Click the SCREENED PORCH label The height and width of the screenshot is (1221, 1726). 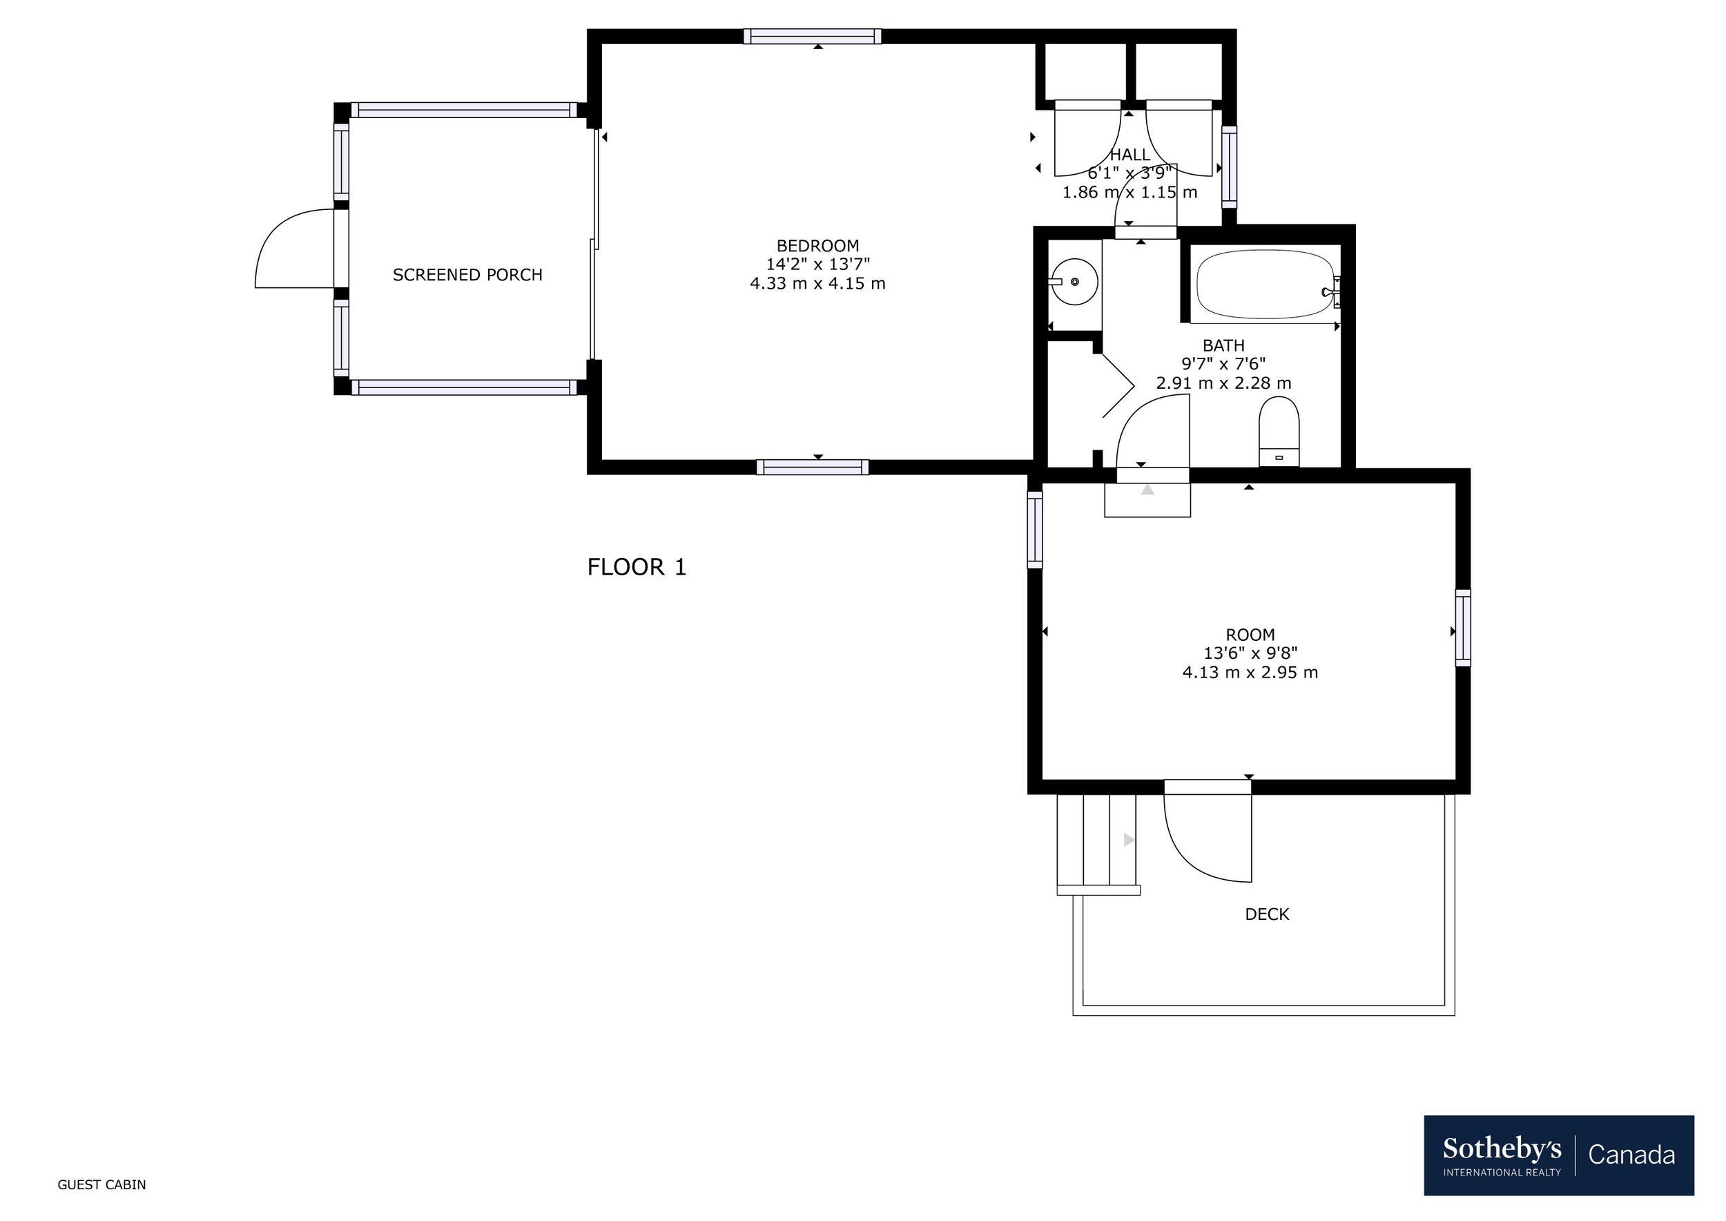click(467, 275)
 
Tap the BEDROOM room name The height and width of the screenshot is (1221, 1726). click(817, 246)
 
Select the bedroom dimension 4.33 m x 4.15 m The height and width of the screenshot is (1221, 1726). click(817, 283)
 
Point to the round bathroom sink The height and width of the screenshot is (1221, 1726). click(1074, 282)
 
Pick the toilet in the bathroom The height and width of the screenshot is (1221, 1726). click(1279, 432)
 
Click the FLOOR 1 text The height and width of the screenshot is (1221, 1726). click(637, 567)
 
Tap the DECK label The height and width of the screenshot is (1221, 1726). click(1267, 914)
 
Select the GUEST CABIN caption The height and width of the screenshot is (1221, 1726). click(101, 1185)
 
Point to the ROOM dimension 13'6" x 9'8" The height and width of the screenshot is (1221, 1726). click(1250, 653)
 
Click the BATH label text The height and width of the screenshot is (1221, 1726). click(1223, 346)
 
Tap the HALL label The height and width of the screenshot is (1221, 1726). click(1130, 155)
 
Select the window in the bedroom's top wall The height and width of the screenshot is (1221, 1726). click(813, 36)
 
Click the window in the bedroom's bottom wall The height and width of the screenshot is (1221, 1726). click(813, 467)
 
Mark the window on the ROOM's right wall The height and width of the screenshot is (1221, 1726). click(1463, 628)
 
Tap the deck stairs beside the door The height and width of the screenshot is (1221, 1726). click(1098, 845)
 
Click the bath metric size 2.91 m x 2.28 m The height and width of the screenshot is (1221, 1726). click(1223, 383)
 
